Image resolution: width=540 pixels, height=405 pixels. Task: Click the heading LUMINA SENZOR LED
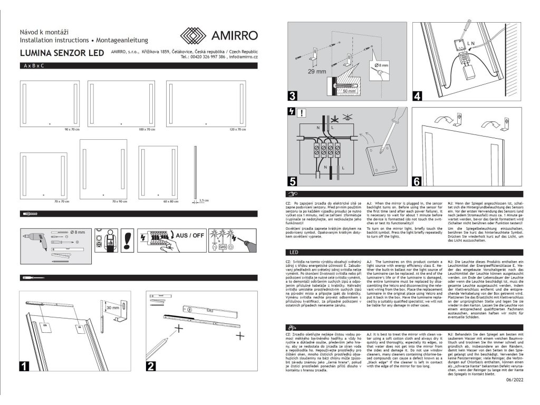tap(61, 53)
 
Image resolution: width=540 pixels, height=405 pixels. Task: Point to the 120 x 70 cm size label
tap(238, 129)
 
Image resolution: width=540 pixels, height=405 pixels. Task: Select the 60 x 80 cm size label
tap(171, 201)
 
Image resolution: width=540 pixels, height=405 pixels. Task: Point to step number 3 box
tap(291, 96)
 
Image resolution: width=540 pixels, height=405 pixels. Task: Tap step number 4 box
tap(418, 96)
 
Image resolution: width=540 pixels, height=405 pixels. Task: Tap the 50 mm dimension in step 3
tap(349, 91)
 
